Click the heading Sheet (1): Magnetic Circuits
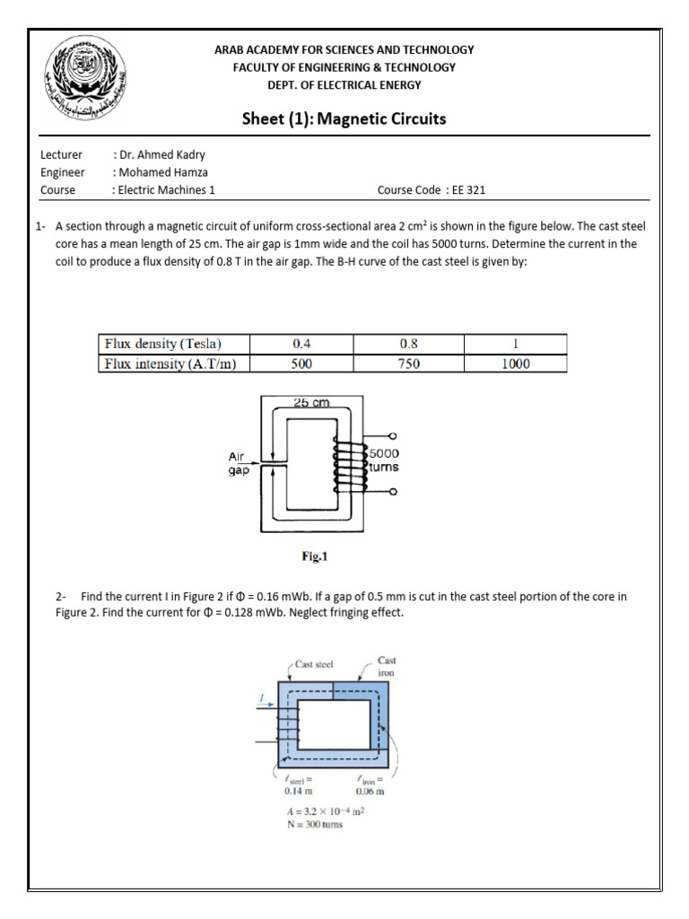click(344, 119)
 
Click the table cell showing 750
click(407, 363)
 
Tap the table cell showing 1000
click(515, 363)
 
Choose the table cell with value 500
click(301, 363)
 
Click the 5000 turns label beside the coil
click(384, 460)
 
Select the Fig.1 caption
click(315, 556)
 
